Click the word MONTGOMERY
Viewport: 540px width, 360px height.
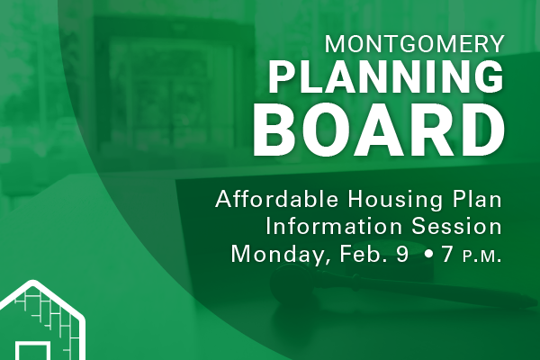pyautogui.click(x=415, y=44)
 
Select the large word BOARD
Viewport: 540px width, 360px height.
pyautogui.click(x=379, y=130)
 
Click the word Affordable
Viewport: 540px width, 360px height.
pyautogui.click(x=276, y=199)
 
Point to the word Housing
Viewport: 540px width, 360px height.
pyautogui.click(x=395, y=201)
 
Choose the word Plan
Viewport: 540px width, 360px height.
pyautogui.click(x=477, y=199)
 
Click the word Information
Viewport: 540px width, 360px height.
pyautogui.click(x=334, y=226)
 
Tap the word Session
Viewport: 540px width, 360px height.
pyautogui.click(x=456, y=226)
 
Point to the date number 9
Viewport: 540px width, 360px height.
pyautogui.click(x=402, y=254)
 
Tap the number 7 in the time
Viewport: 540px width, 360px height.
pyautogui.click(x=447, y=254)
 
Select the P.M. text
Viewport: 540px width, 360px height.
pyautogui.click(x=481, y=256)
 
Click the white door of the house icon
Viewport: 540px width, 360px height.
pyautogui.click(x=32, y=351)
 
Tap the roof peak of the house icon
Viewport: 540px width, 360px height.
pyautogui.click(x=32, y=283)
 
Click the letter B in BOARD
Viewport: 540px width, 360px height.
pyautogui.click(x=274, y=130)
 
